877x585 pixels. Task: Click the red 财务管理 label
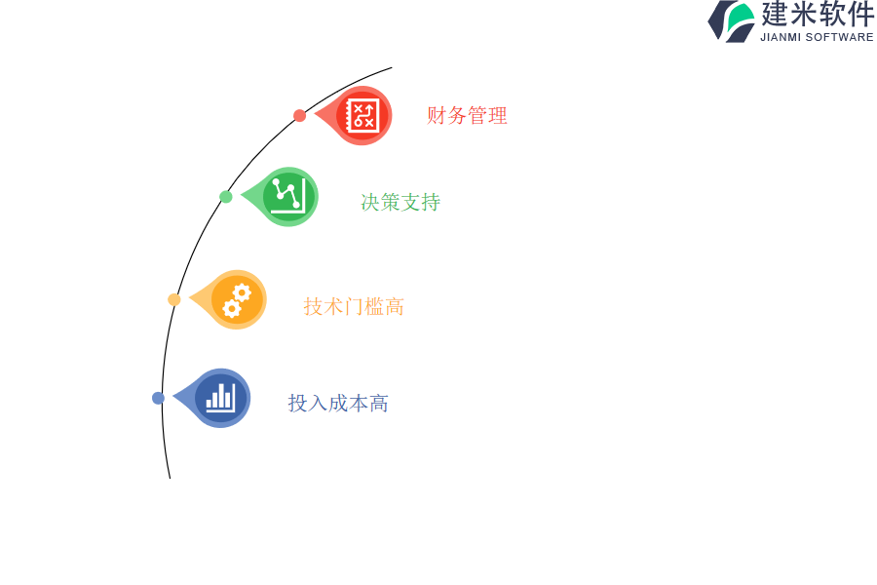click(467, 116)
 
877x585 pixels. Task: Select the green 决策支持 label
click(400, 202)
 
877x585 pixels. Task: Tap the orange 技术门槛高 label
click(354, 307)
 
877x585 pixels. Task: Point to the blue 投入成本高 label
click(338, 403)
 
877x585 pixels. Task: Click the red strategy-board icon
click(362, 115)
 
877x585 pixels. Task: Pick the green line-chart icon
click(288, 196)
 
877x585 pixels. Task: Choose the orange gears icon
click(237, 300)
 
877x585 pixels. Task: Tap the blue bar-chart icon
click(221, 398)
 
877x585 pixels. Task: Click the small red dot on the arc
click(300, 116)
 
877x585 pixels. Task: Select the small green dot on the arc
click(226, 197)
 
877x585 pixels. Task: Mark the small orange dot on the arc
click(174, 299)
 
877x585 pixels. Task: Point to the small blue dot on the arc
click(158, 398)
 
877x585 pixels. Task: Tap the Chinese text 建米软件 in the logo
click(818, 14)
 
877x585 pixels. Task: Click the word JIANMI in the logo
click(781, 37)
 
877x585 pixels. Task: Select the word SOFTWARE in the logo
click(840, 37)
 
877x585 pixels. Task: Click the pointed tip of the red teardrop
click(315, 115)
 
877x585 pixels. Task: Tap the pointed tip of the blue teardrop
click(173, 398)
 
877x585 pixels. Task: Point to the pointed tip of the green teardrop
click(241, 196)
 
